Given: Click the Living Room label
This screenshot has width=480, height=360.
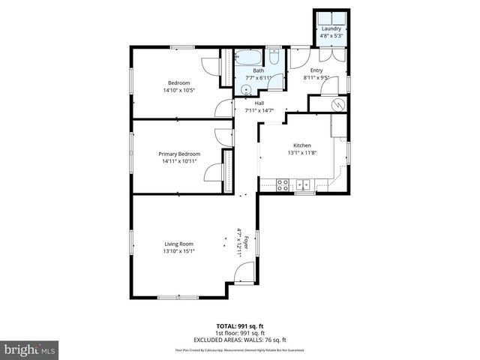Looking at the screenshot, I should coord(179,243).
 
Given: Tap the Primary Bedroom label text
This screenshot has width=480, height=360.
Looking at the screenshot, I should coord(179,154).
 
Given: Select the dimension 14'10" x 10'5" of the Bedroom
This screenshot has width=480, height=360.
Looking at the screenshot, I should coord(179,90).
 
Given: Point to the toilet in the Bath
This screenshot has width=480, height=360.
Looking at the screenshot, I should coord(274,58).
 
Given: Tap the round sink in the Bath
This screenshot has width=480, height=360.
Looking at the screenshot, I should coord(245,89).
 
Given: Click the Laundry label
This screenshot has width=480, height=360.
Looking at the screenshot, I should coord(331,28).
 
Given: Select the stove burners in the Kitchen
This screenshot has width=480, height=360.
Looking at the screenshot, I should coord(283,184).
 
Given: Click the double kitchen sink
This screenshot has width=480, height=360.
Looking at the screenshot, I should coord(303,184).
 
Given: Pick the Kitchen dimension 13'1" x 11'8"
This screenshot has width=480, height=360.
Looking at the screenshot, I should coord(301,153).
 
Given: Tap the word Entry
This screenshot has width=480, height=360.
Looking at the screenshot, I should coord(316,70).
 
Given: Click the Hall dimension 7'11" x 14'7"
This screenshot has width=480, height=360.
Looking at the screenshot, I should coord(259,111).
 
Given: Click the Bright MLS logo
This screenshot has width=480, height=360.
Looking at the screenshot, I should coord(30,349).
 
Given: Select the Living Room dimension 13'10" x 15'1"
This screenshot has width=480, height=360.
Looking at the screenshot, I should coord(179,251).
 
